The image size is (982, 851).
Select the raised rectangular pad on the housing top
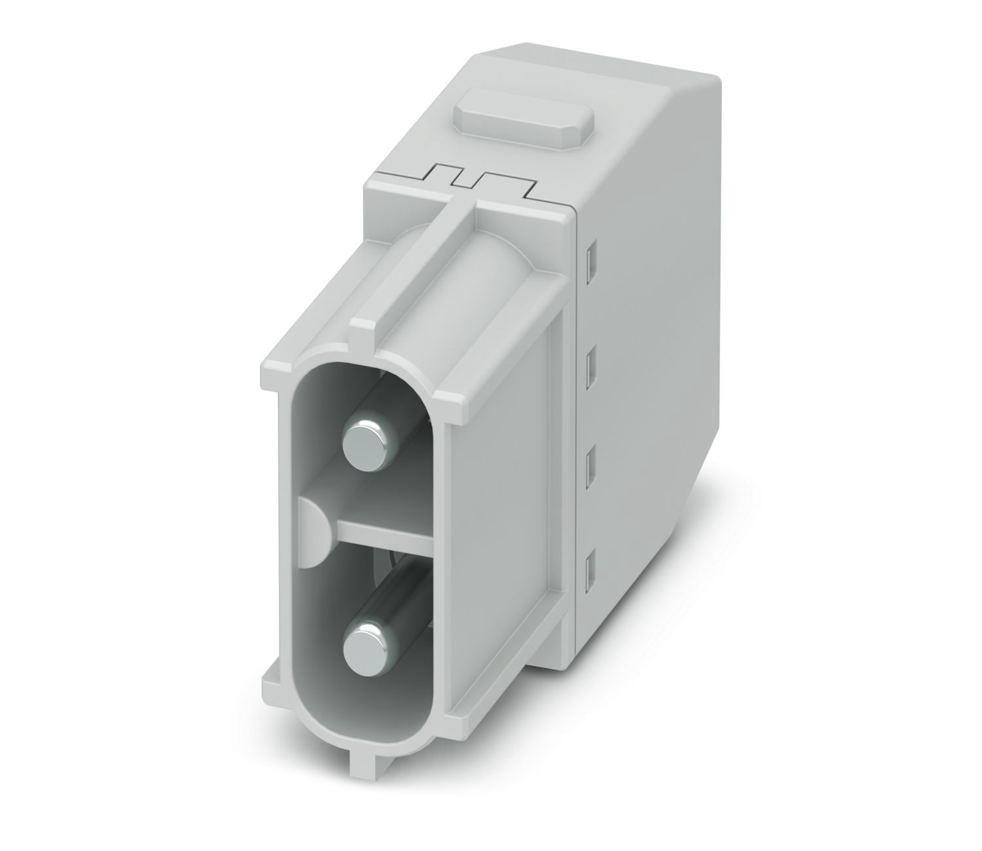pyautogui.click(x=524, y=122)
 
